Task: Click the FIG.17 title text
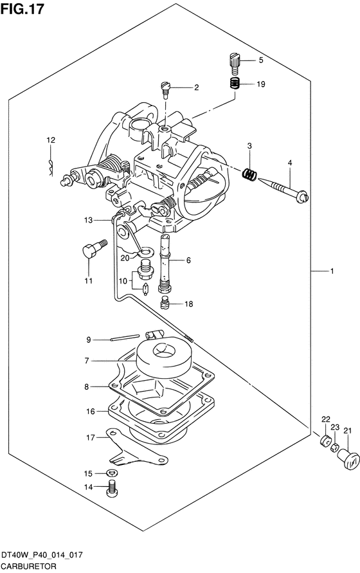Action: [22, 9]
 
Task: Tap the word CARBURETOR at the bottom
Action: [28, 567]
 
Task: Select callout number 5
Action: [260, 60]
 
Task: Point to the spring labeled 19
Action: [234, 84]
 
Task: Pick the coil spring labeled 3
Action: [250, 174]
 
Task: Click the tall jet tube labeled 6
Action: [166, 263]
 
